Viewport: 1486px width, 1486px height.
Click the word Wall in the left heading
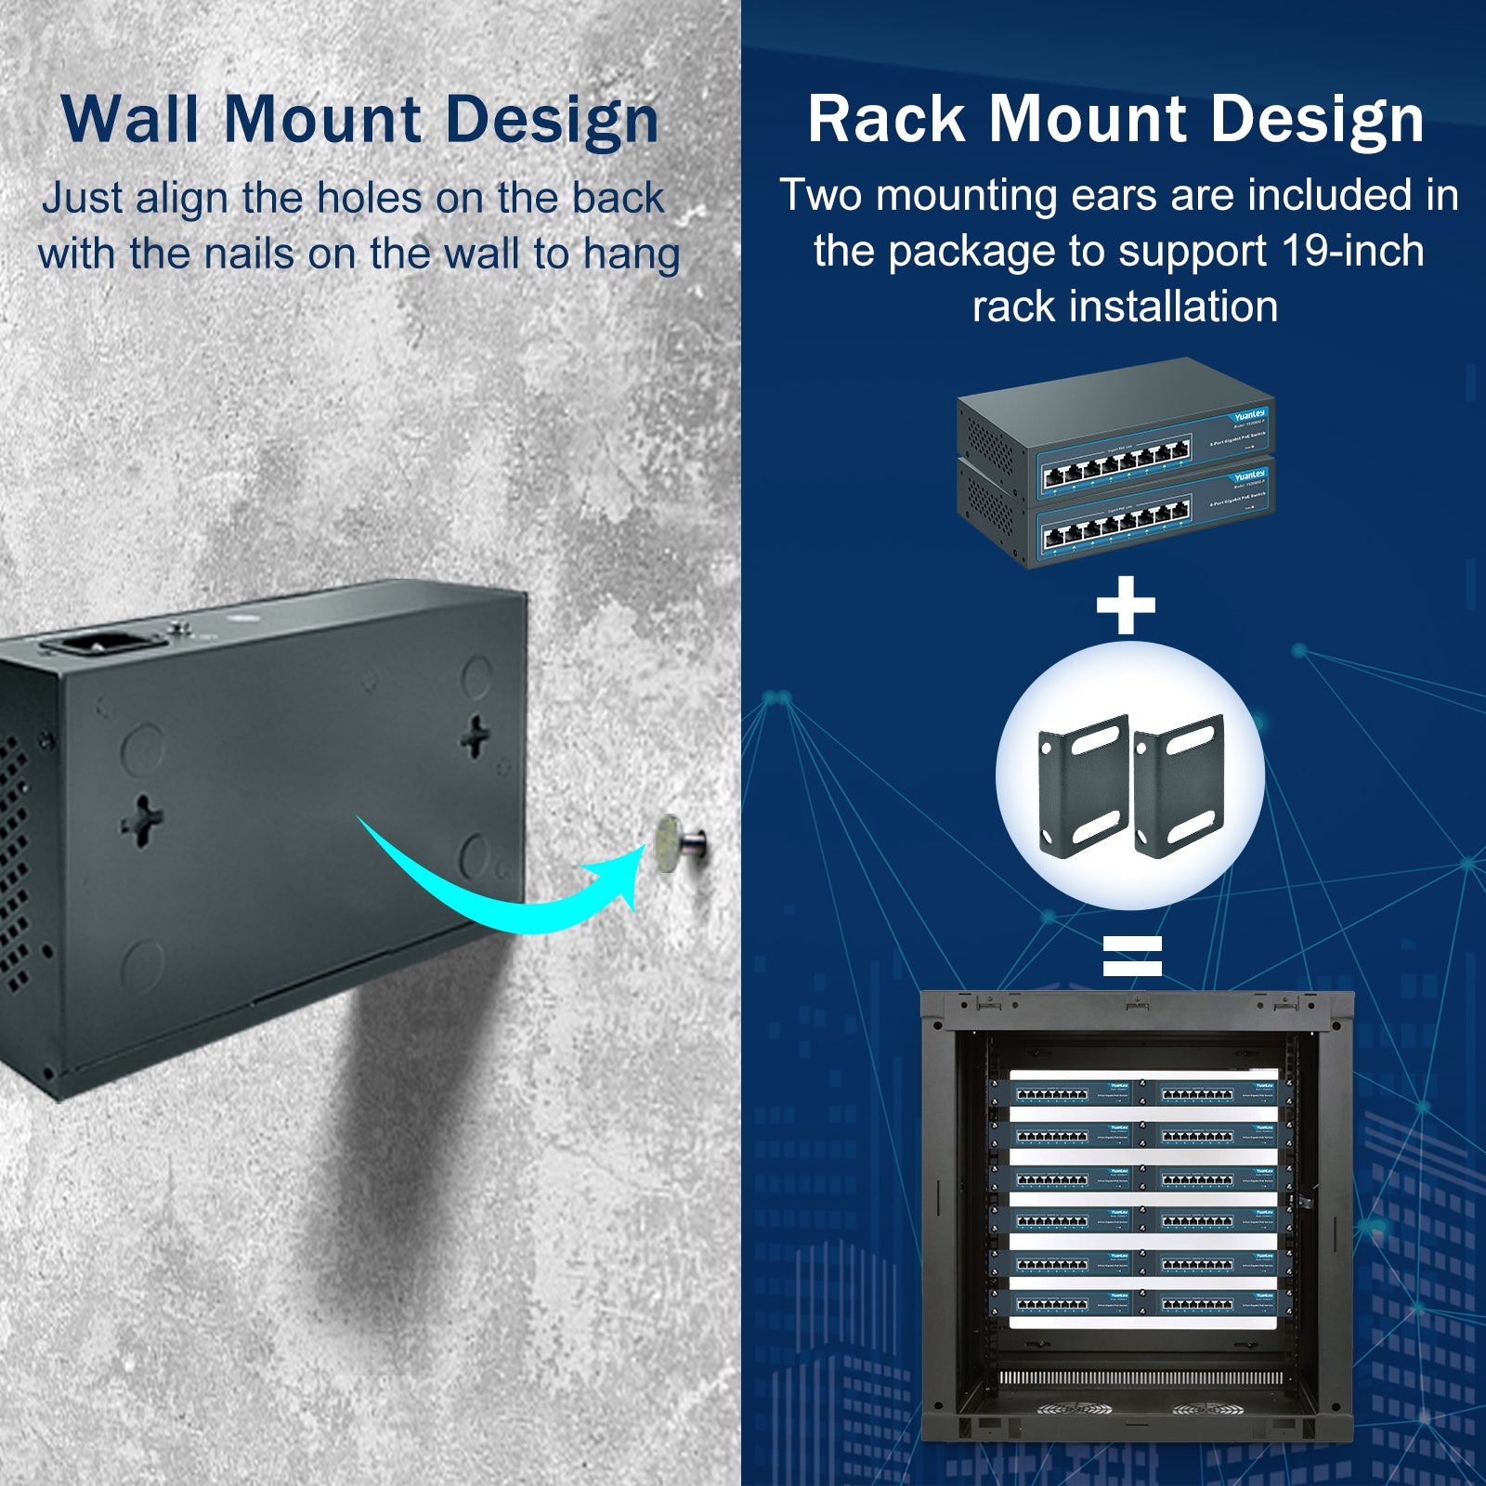129,120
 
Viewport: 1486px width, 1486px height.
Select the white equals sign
1132,956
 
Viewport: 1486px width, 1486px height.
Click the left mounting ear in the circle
1083,788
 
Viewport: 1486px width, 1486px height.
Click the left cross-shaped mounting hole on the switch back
142,820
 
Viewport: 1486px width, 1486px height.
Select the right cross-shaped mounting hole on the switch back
476,736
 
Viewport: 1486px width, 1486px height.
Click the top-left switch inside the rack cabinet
1072,1093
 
